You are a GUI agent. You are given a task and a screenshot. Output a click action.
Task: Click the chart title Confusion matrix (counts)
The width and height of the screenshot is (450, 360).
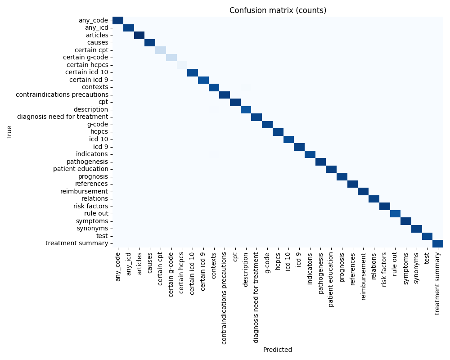(278, 10)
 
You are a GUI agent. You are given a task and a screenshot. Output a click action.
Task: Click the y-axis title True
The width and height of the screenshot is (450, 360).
(10, 131)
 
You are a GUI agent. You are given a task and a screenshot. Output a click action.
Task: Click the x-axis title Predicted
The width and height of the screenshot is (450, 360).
(278, 350)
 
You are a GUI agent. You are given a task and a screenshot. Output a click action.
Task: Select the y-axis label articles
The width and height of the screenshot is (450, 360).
(97, 35)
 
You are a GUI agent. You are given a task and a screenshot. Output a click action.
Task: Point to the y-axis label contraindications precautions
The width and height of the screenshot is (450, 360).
(62, 94)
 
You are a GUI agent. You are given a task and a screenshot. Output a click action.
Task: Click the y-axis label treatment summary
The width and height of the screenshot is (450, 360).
(77, 243)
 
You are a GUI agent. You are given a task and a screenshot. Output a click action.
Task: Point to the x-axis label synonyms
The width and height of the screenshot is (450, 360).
(417, 270)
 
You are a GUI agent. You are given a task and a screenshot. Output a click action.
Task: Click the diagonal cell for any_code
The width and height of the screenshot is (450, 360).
(118, 20)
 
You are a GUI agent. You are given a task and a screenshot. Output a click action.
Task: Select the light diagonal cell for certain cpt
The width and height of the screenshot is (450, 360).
(161, 50)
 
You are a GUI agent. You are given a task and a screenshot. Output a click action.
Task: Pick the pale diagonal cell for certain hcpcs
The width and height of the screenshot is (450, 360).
(182, 65)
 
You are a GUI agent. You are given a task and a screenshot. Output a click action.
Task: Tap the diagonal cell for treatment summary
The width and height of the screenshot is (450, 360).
(438, 243)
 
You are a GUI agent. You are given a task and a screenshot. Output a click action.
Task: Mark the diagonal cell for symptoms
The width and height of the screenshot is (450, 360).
(406, 221)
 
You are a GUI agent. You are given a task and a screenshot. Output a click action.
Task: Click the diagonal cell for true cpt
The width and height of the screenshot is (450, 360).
(235, 102)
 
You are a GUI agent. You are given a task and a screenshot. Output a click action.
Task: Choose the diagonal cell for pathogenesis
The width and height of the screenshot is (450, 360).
(320, 162)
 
